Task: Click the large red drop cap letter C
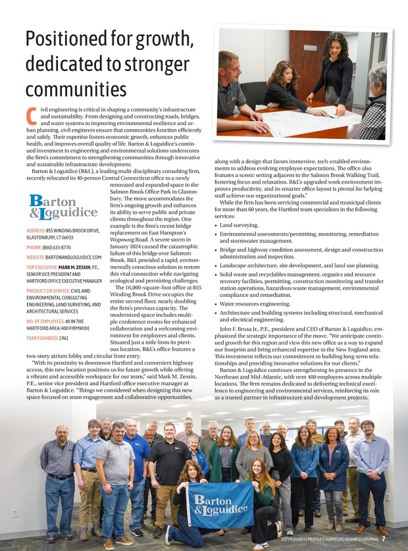pyautogui.click(x=31, y=117)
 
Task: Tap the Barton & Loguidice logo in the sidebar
pyautogui.click(x=63, y=206)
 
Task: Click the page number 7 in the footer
pyautogui.click(x=383, y=540)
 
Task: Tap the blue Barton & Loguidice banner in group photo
pyautogui.click(x=220, y=503)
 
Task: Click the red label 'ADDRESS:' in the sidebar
pyautogui.click(x=36, y=230)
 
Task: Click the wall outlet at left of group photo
pyautogui.click(x=14, y=512)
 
